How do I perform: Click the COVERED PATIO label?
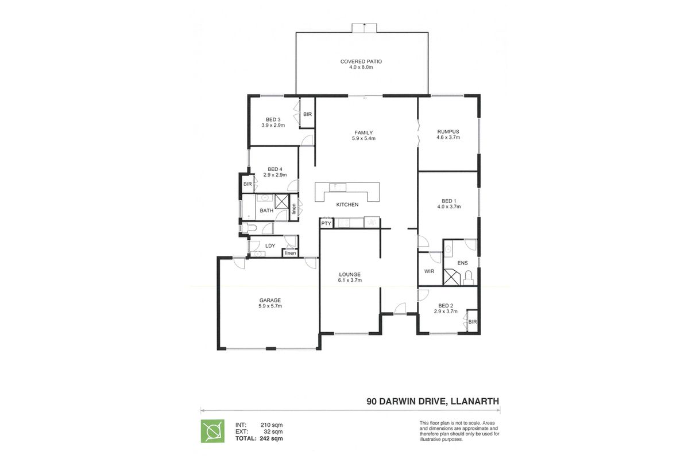pos(361,61)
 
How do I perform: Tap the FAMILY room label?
pos(363,133)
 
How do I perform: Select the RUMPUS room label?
pos(448,132)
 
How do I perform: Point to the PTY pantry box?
pos(326,224)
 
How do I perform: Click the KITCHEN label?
pos(347,204)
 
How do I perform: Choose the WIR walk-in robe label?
pos(429,271)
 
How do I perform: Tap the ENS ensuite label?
pos(462,263)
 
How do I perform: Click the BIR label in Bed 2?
pos(473,322)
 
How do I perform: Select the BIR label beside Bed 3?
pos(307,114)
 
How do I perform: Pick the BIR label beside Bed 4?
pos(247,184)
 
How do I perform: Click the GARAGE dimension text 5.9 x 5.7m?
pos(270,306)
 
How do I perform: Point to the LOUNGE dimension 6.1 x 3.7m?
pos(350,280)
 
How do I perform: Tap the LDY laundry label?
pos(270,246)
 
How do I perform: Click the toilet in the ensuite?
pos(468,278)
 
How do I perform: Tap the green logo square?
pos(212,431)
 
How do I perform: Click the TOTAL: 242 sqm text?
pos(259,438)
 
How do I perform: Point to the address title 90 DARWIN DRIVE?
pos(404,401)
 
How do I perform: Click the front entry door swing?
pos(400,308)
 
